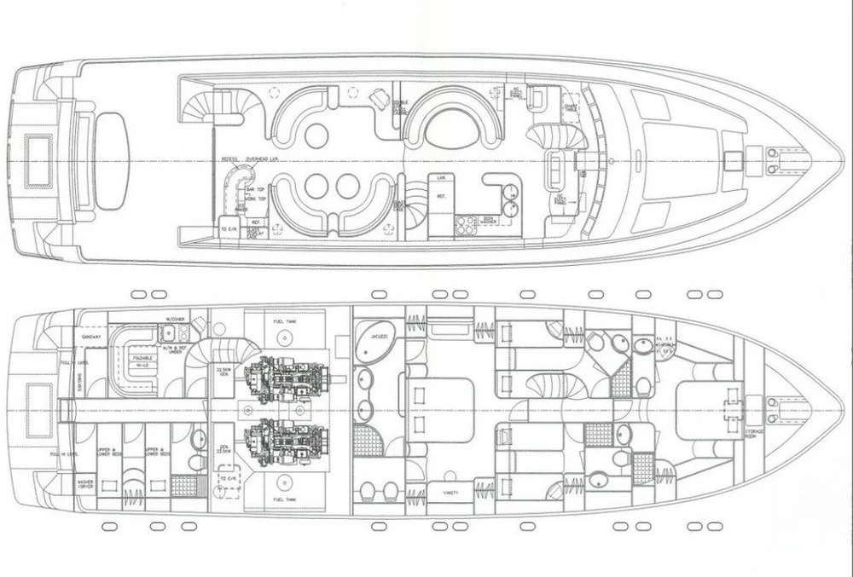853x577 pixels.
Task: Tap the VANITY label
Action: (x=440, y=493)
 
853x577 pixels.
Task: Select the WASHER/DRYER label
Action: (x=85, y=485)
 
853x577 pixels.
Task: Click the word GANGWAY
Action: (x=90, y=337)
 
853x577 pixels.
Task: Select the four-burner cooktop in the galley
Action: (x=467, y=224)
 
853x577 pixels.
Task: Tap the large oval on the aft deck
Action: (x=112, y=160)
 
